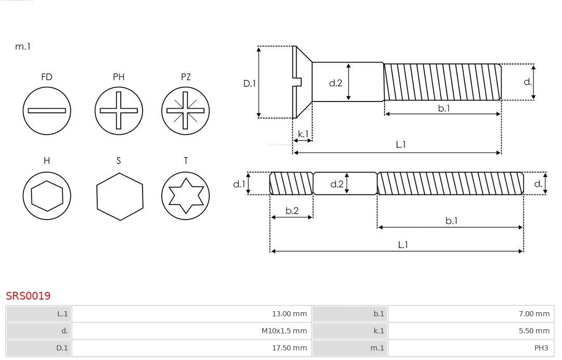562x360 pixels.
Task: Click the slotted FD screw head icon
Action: (47, 110)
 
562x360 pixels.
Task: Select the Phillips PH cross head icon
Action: (119, 110)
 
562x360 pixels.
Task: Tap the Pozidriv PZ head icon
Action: (186, 110)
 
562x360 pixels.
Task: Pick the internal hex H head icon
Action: (47, 196)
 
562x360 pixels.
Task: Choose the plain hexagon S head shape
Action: (119, 196)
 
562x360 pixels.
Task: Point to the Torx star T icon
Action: (186, 196)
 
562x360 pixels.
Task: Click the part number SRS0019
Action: (28, 295)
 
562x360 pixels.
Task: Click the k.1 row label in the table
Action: (378, 331)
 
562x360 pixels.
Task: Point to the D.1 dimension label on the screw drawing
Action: (250, 83)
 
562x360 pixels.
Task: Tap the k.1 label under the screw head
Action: (303, 134)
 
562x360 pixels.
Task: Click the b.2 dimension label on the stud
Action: (292, 211)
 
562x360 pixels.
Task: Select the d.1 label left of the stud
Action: (239, 184)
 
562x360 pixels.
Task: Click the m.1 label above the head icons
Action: (23, 46)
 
